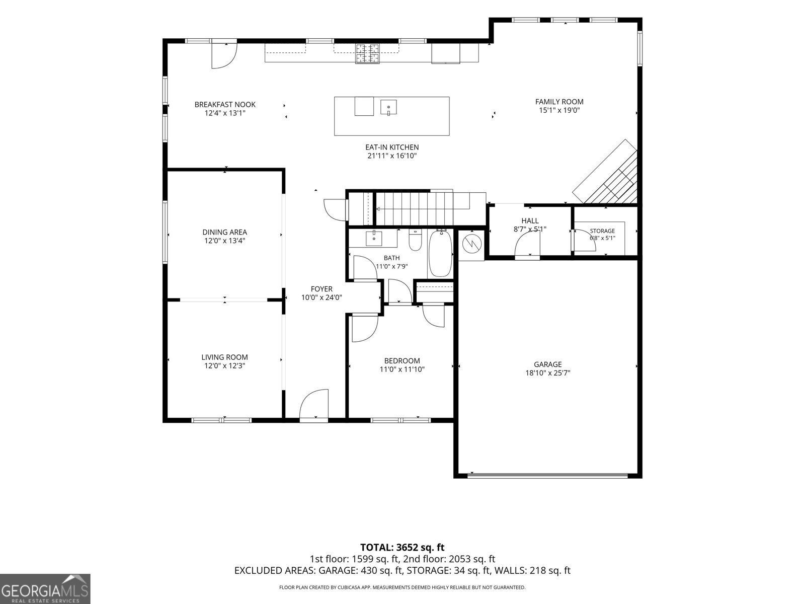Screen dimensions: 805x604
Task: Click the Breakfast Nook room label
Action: pyautogui.click(x=225, y=105)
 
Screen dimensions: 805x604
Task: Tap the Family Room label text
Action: pyautogui.click(x=559, y=102)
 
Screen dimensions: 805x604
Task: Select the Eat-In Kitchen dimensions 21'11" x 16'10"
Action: pyautogui.click(x=391, y=156)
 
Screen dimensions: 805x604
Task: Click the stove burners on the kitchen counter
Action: pyautogui.click(x=367, y=53)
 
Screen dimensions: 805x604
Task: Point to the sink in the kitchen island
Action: pyautogui.click(x=388, y=107)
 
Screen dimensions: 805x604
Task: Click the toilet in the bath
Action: pyautogui.click(x=415, y=240)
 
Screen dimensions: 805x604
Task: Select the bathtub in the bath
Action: pyautogui.click(x=440, y=253)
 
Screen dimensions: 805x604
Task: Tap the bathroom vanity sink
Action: pyautogui.click(x=374, y=238)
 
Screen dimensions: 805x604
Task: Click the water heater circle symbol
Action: pyautogui.click(x=471, y=243)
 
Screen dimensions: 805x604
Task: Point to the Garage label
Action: pyautogui.click(x=547, y=364)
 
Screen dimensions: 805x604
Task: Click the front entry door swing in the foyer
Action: pyautogui.click(x=313, y=403)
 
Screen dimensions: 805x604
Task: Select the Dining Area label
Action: pyautogui.click(x=225, y=232)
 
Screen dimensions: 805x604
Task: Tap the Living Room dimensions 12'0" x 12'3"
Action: pyautogui.click(x=225, y=365)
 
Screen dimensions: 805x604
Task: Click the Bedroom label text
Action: pyautogui.click(x=402, y=361)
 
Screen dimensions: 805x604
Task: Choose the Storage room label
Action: pyautogui.click(x=602, y=231)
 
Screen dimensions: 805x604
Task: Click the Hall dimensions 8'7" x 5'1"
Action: pyautogui.click(x=530, y=229)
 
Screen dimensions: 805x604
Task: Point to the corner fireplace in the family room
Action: pyautogui.click(x=605, y=172)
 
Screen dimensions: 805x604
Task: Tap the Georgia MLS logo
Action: pyautogui.click(x=45, y=589)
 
